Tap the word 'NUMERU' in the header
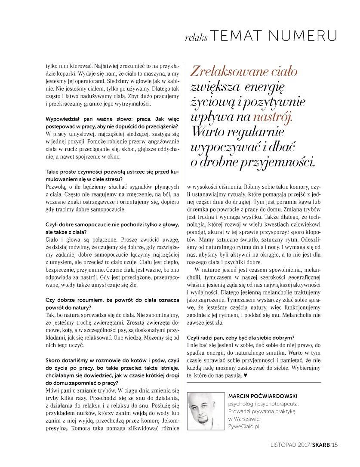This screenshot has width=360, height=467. [x=308, y=36]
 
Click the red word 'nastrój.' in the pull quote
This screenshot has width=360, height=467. [x=272, y=117]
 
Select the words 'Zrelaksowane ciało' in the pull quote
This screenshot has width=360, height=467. [x=245, y=71]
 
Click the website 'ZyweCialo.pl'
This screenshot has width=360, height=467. [x=244, y=427]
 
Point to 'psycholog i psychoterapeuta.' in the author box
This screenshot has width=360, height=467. [x=263, y=404]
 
